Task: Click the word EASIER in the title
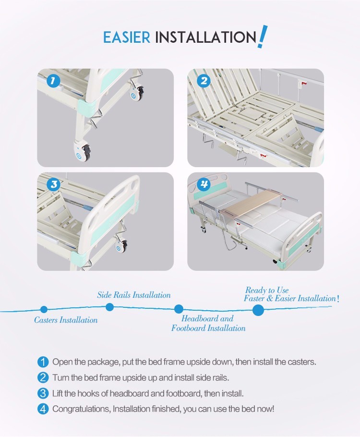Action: pos(127,37)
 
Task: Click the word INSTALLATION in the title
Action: pos(205,37)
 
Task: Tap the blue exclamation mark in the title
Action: pos(262,36)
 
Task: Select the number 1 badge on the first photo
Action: pos(53,81)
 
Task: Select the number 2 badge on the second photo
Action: pos(204,81)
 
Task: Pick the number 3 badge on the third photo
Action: pos(53,184)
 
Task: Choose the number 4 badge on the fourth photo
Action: pos(204,184)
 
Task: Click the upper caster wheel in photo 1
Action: pos(137,93)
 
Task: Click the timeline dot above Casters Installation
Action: pos(44,309)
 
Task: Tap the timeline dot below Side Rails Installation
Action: pos(110,307)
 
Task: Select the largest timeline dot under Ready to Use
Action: pos(258,310)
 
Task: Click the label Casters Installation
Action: pos(66,320)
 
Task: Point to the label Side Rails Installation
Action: pos(134,295)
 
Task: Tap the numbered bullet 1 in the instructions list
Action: pos(43,362)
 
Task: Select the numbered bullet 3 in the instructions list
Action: pos(43,393)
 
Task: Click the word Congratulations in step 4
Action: pos(82,409)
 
